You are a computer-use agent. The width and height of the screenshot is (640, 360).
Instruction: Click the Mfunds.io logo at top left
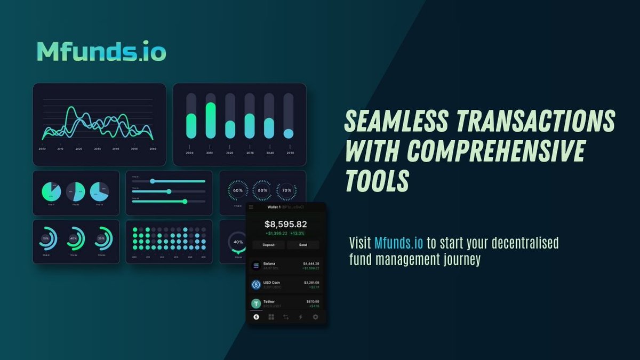coord(101,51)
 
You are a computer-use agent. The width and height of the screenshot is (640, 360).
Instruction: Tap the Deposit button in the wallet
coord(269,245)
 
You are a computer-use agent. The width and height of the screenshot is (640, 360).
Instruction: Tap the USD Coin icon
coord(256,285)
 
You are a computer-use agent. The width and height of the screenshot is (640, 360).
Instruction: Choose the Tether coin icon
coord(256,303)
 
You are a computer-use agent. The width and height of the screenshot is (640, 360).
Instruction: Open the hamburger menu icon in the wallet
coord(251,207)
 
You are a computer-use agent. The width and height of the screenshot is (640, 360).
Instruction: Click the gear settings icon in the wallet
coord(315,317)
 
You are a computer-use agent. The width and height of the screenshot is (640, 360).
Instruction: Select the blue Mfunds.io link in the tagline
coord(398,243)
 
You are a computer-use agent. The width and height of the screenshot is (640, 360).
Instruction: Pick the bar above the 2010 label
coord(211,120)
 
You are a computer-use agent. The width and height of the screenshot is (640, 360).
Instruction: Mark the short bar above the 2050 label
coord(289,133)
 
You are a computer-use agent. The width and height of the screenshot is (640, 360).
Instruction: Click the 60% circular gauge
coord(237,190)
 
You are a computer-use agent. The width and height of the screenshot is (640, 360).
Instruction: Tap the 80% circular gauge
coord(262,190)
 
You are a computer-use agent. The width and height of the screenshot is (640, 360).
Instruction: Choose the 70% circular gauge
coord(287,190)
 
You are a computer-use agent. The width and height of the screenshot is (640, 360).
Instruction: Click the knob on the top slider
coord(153,181)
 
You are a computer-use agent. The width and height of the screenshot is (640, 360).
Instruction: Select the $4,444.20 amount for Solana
coord(310,263)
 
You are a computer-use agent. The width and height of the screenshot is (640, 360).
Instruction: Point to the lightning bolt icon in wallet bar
coord(300,317)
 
